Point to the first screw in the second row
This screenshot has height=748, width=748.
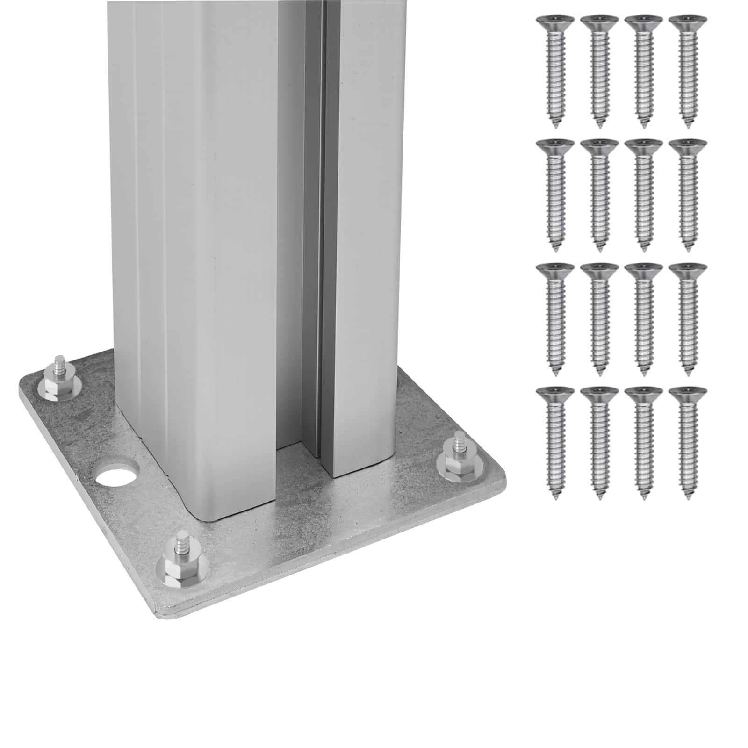pyautogui.click(x=555, y=196)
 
